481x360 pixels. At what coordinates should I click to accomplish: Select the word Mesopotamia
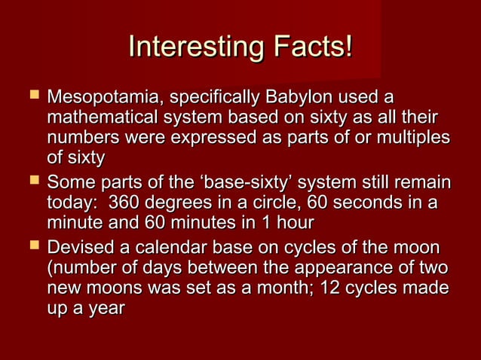(x=105, y=99)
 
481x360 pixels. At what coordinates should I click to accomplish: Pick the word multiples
(x=414, y=139)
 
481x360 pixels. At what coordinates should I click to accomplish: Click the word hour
(x=293, y=224)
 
